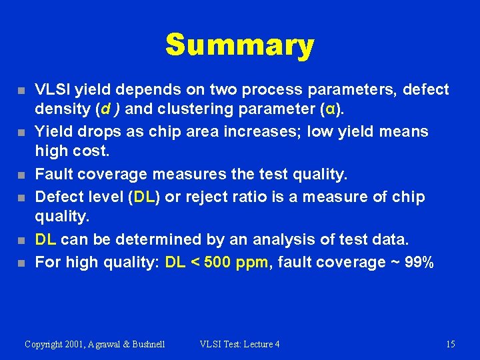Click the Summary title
239,45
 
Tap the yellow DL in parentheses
145,197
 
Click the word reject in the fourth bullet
211,197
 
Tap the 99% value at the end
419,263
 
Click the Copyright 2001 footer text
95,344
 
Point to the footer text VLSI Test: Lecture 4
239,344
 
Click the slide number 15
451,344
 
